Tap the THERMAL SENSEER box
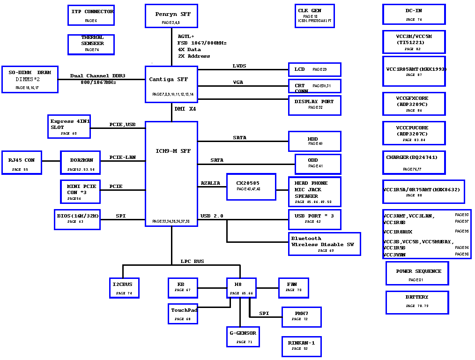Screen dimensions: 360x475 pos(91,44)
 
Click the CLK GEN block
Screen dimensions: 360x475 pos(314,16)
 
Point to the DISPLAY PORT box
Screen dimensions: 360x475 pos(314,105)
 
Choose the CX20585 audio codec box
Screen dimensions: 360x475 pos(251,187)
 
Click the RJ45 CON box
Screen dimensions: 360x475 pos(22,163)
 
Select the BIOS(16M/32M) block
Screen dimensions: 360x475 pos(77,219)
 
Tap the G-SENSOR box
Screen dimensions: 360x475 pos(243,337)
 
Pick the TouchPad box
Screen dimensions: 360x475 pos(183,314)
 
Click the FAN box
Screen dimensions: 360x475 pos(292,287)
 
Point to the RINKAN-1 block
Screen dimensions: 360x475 pos(301,346)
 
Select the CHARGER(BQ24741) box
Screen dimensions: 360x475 pos(414,162)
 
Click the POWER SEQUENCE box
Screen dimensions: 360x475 pos(417,273)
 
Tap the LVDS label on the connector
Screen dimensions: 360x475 pos(239,66)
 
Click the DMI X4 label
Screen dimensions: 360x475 pos(186,109)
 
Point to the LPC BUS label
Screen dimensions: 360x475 pos(193,262)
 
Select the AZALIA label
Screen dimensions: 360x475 pos(210,183)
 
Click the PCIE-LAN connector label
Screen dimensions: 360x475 pos(123,157)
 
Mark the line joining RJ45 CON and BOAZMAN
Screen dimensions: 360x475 pos(51,161)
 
